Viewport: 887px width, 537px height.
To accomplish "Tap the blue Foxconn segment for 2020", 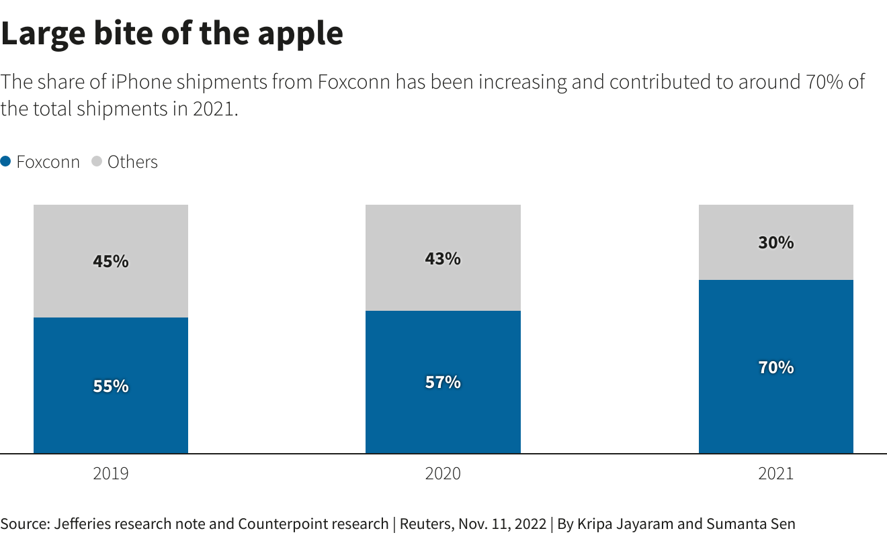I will pos(443,416).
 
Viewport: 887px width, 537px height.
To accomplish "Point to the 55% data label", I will pos(111,387).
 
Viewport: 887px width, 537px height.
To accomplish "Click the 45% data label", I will pos(111,261).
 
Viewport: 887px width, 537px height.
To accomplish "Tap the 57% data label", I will pos(443,383).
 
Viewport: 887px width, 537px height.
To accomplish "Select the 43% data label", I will pos(443,258).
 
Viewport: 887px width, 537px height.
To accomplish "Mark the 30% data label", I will pos(776,243).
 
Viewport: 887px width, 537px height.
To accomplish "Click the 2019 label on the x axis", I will pos(111,473).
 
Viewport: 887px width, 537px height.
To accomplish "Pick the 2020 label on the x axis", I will pos(443,473).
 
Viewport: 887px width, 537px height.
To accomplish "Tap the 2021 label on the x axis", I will pos(776,473).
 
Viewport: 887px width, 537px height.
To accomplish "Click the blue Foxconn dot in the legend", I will pos(6,162).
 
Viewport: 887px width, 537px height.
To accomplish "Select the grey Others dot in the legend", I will pos(97,162).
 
